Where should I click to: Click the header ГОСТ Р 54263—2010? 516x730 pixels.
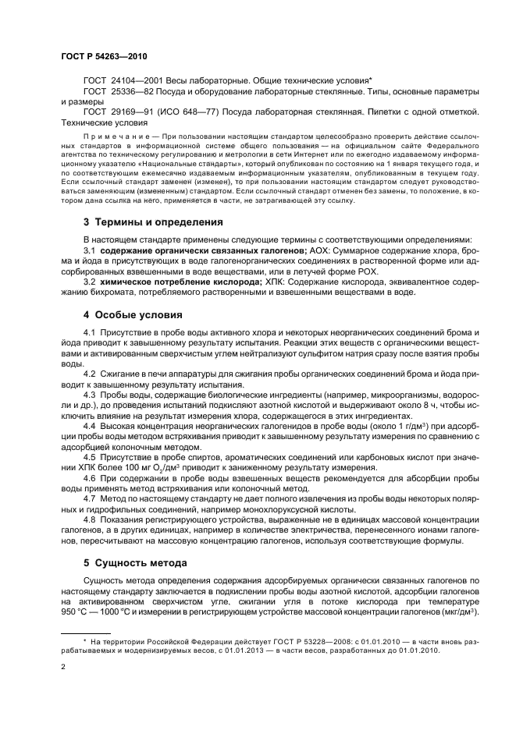(103, 57)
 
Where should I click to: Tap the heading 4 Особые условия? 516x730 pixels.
(133, 315)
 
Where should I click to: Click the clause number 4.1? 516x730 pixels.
(89, 333)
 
